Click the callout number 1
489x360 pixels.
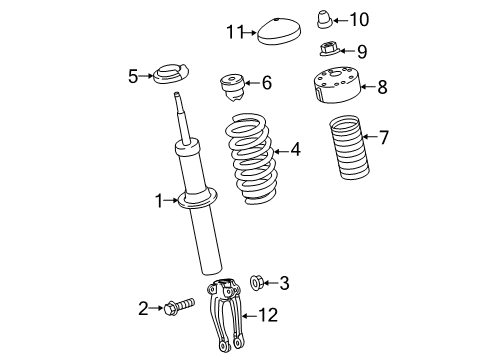[x=157, y=201]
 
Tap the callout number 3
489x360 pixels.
[x=285, y=284]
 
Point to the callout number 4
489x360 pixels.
[x=294, y=150]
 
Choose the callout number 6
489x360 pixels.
[x=265, y=84]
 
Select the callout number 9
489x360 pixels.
[x=361, y=50]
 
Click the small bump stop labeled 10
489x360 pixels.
[x=327, y=19]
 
